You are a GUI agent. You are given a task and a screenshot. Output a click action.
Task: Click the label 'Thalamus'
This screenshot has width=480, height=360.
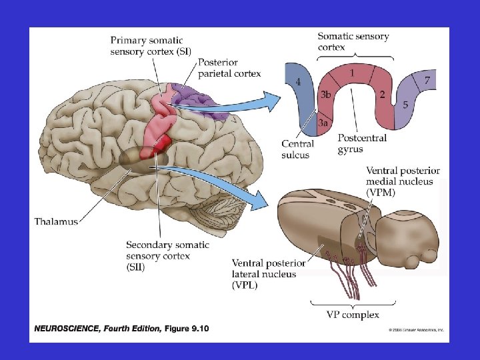coord(56,221)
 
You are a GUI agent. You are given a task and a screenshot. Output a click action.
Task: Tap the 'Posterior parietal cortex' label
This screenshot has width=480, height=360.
coord(229,68)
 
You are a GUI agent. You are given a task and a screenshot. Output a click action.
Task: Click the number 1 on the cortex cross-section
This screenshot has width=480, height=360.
coord(352,71)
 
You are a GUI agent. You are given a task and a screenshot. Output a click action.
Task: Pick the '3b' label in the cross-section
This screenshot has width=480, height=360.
coord(325,95)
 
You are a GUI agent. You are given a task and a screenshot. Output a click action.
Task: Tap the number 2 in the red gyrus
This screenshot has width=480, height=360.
coord(381,95)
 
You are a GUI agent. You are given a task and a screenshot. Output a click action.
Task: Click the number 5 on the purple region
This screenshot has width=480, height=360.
coord(405,105)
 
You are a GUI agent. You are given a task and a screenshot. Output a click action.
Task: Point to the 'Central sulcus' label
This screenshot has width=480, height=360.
coord(295,149)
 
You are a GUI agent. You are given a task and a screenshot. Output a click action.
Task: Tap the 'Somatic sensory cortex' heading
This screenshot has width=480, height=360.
coord(353,41)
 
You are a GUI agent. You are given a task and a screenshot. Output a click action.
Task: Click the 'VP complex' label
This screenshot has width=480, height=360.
coord(353,315)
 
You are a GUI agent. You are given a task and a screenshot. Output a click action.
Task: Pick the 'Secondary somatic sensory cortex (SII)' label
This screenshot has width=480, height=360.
coord(167,256)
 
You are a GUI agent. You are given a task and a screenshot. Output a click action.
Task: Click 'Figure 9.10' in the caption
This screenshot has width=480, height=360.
coord(186,328)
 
